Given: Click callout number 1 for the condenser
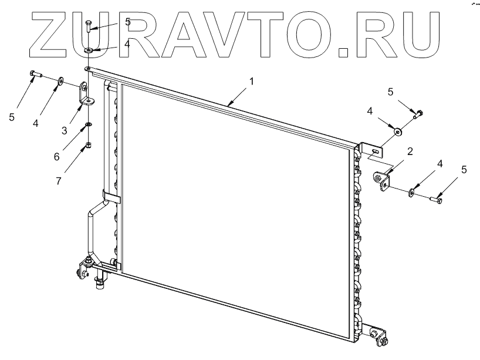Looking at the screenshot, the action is click(251, 81).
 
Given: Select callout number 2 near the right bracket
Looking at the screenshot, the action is click(410, 152).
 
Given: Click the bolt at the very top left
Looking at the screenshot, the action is click(87, 25).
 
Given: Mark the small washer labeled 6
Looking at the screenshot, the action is click(87, 125).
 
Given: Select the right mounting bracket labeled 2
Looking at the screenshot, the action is click(381, 179).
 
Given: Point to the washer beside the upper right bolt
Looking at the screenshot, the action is click(398, 131).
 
